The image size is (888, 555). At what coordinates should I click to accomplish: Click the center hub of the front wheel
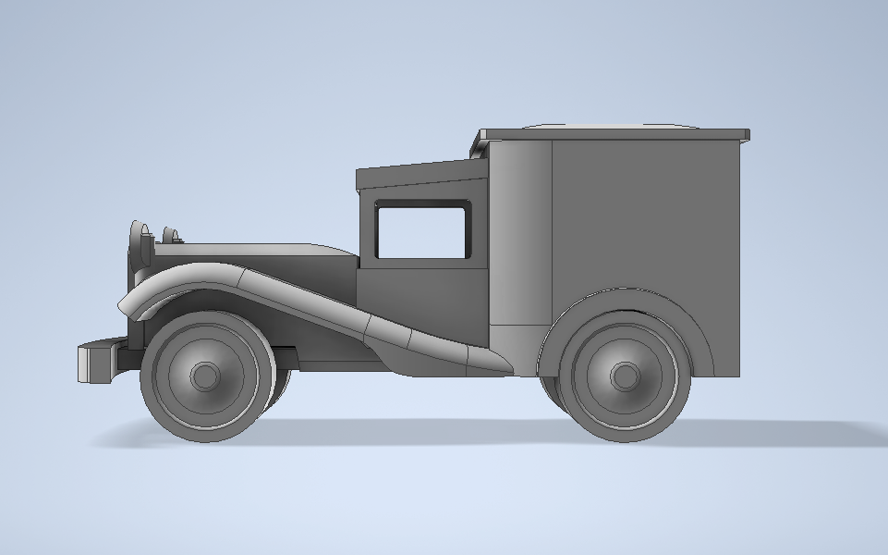(x=205, y=376)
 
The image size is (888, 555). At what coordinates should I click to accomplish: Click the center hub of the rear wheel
(x=625, y=376)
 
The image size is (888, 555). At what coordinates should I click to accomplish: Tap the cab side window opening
(x=421, y=232)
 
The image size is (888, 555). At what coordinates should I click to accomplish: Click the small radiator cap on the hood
(x=171, y=236)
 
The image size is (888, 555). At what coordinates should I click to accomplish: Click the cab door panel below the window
(x=421, y=301)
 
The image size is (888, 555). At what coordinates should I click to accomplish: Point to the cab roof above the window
(x=420, y=175)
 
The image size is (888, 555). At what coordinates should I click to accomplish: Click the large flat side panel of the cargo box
(x=647, y=213)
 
